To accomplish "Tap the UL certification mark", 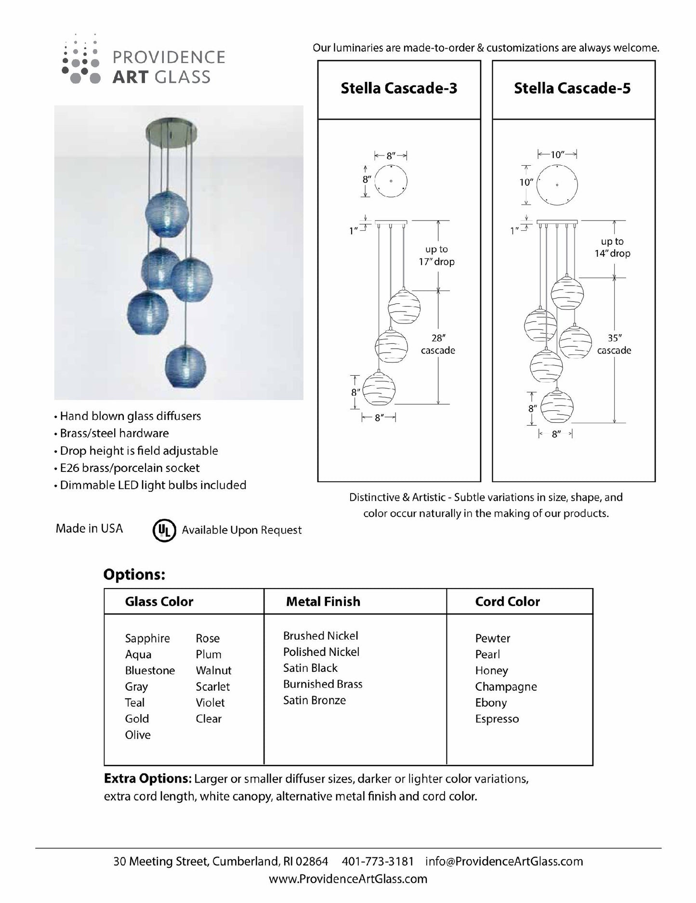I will (164, 530).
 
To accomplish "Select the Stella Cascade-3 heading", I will (399, 89).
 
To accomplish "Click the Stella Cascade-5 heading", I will (572, 89).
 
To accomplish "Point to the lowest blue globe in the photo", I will (185, 365).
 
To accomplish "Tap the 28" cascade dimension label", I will (437, 344).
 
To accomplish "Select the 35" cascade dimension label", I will (614, 344).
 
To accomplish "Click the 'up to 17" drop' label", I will (436, 255).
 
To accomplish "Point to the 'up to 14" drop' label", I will (612, 248).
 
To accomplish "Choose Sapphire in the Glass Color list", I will (147, 639).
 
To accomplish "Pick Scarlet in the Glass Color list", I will (213, 687).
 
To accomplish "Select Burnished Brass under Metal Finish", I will (323, 684).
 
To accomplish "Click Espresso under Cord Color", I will (497, 719).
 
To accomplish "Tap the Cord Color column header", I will (508, 602).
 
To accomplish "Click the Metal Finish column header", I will (323, 602).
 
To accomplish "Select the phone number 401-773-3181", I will (378, 862).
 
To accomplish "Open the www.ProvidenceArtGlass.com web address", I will (348, 879).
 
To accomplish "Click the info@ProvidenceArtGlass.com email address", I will (504, 862).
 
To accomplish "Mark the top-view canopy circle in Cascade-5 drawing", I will (557, 184).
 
